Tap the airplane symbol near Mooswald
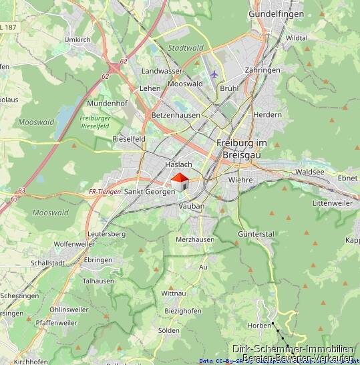point(214,74)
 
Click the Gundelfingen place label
point(276,13)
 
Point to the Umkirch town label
point(77,40)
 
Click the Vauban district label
point(191,207)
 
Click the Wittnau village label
point(174,293)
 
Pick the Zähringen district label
point(262,70)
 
